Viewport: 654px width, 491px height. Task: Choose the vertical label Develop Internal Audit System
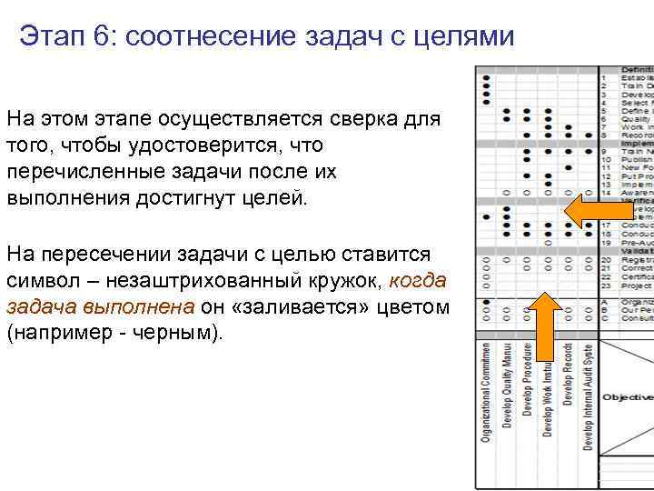pyautogui.click(x=589, y=396)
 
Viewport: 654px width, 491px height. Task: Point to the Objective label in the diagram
pyautogui.click(x=628, y=397)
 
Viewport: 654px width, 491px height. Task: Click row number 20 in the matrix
pyautogui.click(x=605, y=260)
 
